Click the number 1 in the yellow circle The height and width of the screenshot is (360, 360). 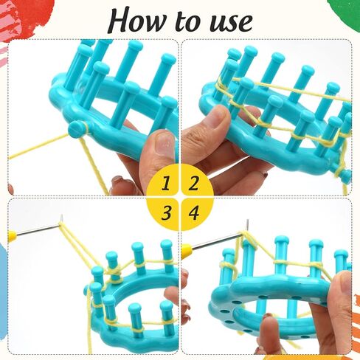(167, 183)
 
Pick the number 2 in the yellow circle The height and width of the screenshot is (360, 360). (193, 183)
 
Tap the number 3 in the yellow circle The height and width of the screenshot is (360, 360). (167, 212)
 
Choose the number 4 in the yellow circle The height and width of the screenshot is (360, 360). (193, 212)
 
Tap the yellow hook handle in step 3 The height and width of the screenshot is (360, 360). (12, 236)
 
